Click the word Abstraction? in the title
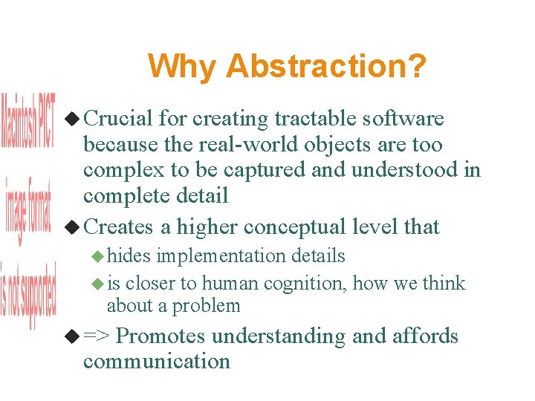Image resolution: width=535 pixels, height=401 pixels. tap(326, 66)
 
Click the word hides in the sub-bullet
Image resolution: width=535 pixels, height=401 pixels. tap(129, 256)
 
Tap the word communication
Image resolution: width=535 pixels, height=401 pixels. tap(156, 362)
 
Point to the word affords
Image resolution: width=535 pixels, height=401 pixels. tap(426, 336)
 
